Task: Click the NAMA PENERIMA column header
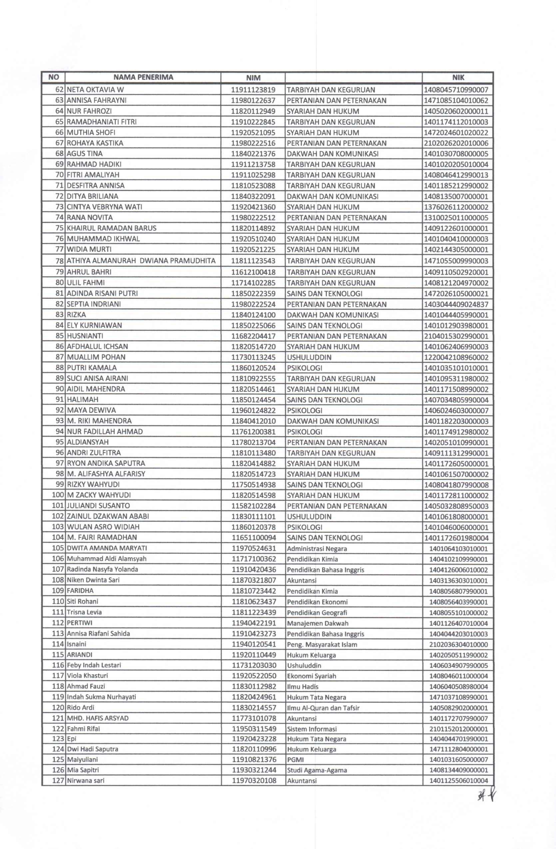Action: pyautogui.click(x=143, y=77)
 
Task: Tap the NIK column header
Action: pyautogui.click(x=458, y=78)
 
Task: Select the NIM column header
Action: pyautogui.click(x=253, y=78)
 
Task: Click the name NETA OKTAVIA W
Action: pyautogui.click(x=95, y=90)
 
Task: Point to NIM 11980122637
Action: pyautogui.click(x=253, y=101)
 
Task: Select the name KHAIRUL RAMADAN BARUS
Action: pyautogui.click(x=112, y=228)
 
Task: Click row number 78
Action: pyautogui.click(x=59, y=261)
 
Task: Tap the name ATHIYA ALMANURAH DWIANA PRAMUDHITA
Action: pyautogui.click(x=141, y=261)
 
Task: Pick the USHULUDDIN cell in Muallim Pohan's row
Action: pyautogui.click(x=309, y=357)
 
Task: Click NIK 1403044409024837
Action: pyautogui.click(x=456, y=304)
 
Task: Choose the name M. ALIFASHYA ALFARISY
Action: pyautogui.click(x=106, y=474)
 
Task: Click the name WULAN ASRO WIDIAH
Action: pyautogui.click(x=103, y=527)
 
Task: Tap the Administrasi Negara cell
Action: pyautogui.click(x=317, y=549)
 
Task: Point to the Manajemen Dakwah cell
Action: pyautogui.click(x=317, y=623)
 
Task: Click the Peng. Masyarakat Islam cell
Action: pyautogui.click(x=322, y=644)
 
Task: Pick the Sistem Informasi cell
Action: pyautogui.click(x=312, y=729)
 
